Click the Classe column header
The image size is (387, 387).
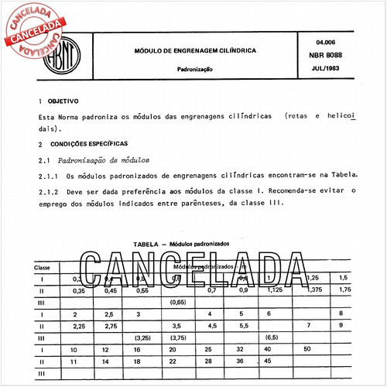click(42, 266)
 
